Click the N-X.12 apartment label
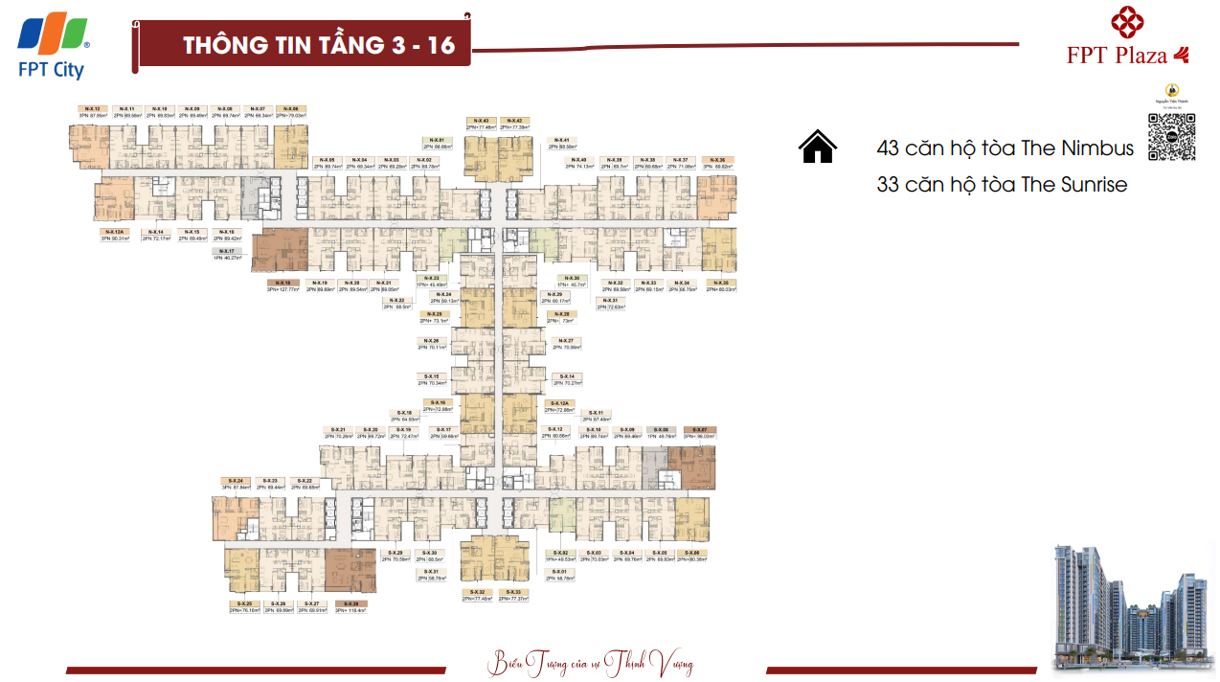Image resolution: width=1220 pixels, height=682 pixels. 93,109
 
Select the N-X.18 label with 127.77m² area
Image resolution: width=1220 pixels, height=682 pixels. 281,284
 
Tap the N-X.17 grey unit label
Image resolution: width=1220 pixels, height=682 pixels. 227,251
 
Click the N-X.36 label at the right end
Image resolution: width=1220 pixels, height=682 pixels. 718,160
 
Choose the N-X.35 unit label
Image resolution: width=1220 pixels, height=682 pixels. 721,283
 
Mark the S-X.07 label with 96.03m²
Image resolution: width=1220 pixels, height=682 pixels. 700,430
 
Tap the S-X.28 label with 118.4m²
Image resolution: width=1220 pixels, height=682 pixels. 350,603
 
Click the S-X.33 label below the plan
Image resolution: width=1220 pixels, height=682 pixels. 515,593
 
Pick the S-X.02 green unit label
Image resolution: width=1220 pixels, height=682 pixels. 561,554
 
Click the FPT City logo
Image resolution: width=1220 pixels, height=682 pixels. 53,46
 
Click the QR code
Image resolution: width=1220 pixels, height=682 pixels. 1171,136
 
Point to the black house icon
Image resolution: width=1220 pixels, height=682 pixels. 817,148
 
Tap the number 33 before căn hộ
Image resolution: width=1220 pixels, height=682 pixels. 888,184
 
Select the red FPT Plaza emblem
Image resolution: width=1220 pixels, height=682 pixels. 1128,23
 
